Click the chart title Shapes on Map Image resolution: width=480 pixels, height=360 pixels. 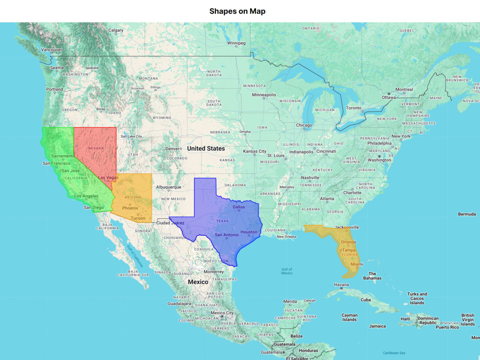pyautogui.click(x=237, y=11)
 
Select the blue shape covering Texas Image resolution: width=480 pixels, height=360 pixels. pyautogui.click(x=221, y=221)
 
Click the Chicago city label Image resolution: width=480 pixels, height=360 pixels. pyautogui.click(x=304, y=125)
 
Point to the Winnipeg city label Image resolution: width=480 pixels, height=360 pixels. pyautogui.click(x=236, y=43)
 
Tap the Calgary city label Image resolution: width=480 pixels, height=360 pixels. pyautogui.click(x=116, y=30)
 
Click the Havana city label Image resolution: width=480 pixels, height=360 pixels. pyautogui.click(x=341, y=285)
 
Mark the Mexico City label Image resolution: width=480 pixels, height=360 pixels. pyautogui.click(x=222, y=313)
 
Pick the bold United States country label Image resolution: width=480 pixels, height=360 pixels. pyautogui.click(x=206, y=149)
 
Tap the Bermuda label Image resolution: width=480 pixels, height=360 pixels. pyautogui.click(x=467, y=214)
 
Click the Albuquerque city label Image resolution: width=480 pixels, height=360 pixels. pyautogui.click(x=168, y=187)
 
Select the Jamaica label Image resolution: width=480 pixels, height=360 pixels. pyautogui.click(x=377, y=326)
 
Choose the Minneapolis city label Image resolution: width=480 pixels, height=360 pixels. pyautogui.click(x=264, y=95)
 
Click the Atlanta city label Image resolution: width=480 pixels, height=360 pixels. pyautogui.click(x=327, y=199)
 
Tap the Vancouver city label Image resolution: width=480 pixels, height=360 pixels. pyautogui.click(x=51, y=49)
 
